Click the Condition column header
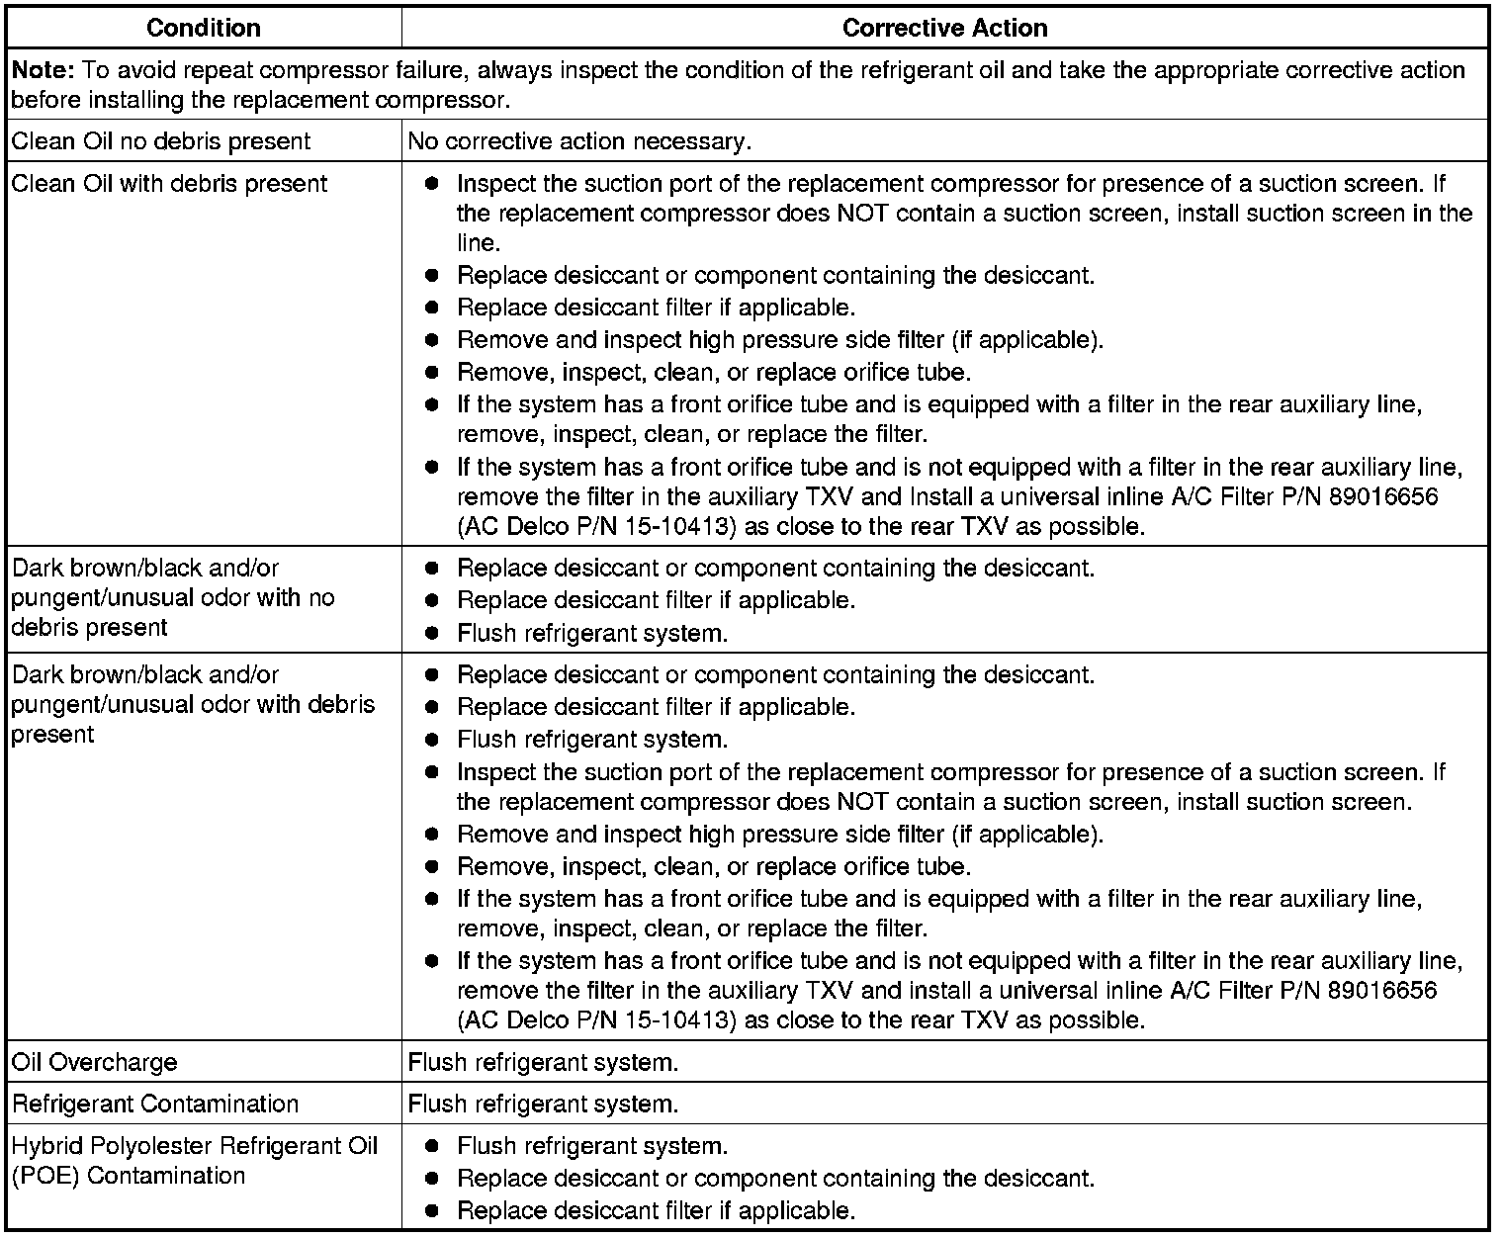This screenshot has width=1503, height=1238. click(203, 28)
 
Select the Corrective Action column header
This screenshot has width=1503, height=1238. click(944, 28)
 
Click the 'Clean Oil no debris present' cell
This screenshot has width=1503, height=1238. click(160, 141)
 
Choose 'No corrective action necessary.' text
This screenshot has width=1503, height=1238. click(579, 141)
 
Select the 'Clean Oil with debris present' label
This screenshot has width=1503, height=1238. click(169, 184)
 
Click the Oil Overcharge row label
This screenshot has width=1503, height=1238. click(95, 1063)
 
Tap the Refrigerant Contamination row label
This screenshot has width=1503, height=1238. click(154, 1105)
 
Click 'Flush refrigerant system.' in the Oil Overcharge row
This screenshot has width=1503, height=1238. click(543, 1063)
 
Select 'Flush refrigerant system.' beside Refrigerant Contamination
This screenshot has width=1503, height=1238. click(543, 1105)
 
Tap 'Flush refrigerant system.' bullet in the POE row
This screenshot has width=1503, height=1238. click(592, 1147)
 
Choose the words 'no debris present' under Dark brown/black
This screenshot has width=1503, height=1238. click(89, 628)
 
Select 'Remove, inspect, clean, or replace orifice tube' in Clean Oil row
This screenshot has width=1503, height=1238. click(713, 373)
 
